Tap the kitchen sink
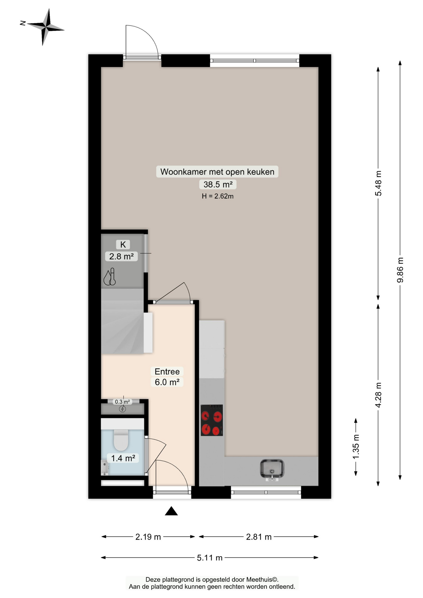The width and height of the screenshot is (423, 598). tap(272, 469)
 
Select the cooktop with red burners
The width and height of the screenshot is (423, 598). tap(211, 420)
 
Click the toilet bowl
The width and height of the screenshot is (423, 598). tap(121, 440)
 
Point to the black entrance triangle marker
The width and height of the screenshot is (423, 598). tap(171, 511)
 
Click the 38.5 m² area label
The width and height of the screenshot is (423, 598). tap(218, 184)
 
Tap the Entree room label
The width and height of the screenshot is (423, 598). tap(167, 372)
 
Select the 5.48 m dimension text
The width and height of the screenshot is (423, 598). tap(378, 183)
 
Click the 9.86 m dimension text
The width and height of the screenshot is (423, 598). tap(400, 270)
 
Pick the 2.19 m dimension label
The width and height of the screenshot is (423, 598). tap(148, 537)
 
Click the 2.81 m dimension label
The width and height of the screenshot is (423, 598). tap(259, 537)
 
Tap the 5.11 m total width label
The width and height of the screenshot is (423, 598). tap(210, 558)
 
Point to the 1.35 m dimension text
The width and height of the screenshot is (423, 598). tap(356, 447)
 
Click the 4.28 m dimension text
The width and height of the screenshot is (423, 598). tap(378, 395)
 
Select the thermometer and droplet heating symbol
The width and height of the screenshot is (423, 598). tap(110, 277)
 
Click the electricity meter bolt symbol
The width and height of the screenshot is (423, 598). tap(122, 409)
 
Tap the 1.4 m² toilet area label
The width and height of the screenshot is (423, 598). tap(123, 458)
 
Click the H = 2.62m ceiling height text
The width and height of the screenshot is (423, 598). tap(217, 196)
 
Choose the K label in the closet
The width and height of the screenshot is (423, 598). tap(123, 244)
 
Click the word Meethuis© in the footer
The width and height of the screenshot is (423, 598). tap(262, 580)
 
